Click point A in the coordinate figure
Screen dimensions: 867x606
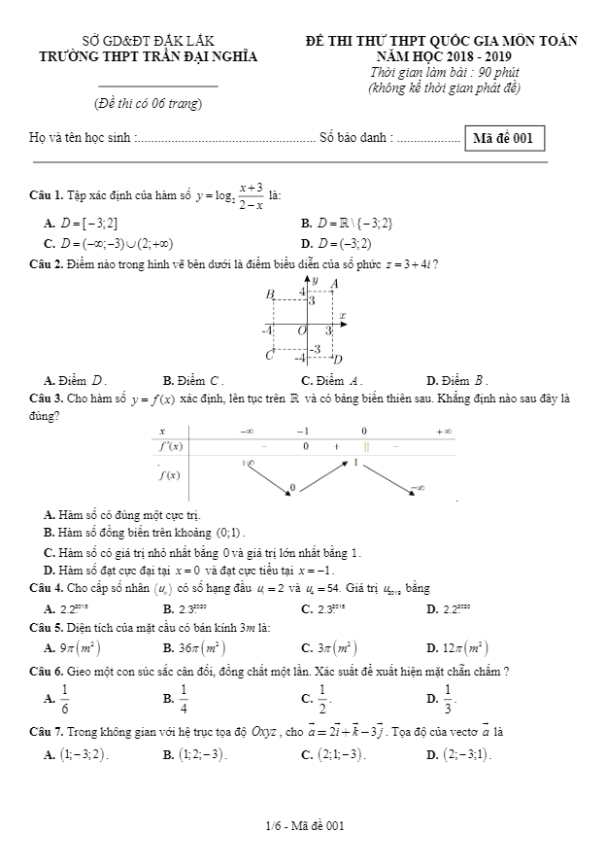coord(335,283)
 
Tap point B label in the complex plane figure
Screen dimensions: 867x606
coord(270,293)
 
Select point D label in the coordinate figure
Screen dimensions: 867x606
coord(338,359)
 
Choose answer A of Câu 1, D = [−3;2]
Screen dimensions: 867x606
coord(87,224)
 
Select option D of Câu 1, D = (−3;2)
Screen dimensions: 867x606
coord(350,243)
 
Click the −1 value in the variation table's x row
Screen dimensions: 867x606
coord(304,431)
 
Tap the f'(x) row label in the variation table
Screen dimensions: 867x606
coord(170,446)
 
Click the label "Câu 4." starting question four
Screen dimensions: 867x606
coord(47,588)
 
